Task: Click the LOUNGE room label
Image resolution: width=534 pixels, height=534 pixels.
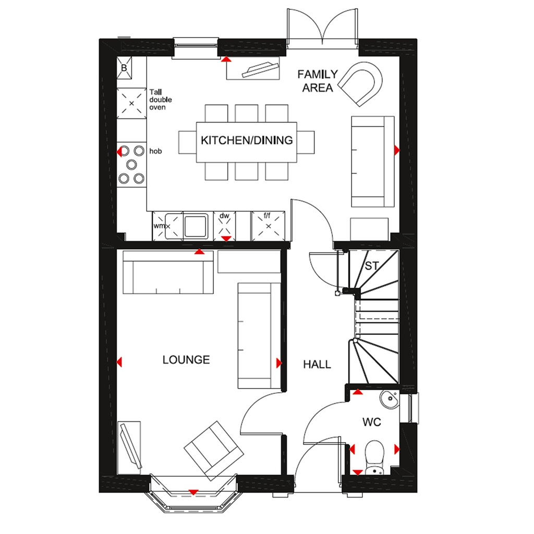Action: coord(186,360)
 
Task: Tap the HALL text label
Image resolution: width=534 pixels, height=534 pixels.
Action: coord(317,364)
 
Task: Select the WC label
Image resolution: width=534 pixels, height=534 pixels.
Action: coord(372,422)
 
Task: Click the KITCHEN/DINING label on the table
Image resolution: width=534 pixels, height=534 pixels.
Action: coord(247,140)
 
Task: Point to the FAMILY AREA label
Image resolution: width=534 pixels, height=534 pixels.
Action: coord(317,81)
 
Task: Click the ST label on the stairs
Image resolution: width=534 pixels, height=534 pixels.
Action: coord(371,266)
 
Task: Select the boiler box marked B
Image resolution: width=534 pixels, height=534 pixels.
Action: coord(125,68)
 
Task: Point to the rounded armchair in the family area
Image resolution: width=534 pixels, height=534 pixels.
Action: coord(362,82)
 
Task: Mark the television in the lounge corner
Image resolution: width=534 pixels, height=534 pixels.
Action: coord(129,446)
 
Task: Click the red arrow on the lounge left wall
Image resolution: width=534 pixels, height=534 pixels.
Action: coord(119,362)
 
